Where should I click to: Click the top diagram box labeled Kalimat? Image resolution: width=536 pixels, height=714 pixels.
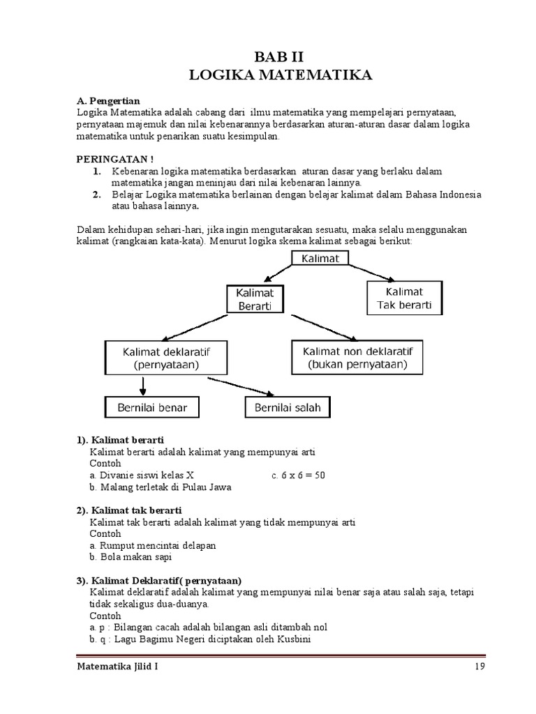point(320,259)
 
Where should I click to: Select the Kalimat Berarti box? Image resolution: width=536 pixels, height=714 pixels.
point(254,298)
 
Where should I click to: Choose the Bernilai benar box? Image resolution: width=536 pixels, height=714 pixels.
point(151,407)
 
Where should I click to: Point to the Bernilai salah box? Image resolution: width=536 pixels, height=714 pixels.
point(288,407)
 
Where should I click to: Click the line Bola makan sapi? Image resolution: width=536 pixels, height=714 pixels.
point(131,557)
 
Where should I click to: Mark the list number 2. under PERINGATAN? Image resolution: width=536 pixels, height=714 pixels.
point(97,194)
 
